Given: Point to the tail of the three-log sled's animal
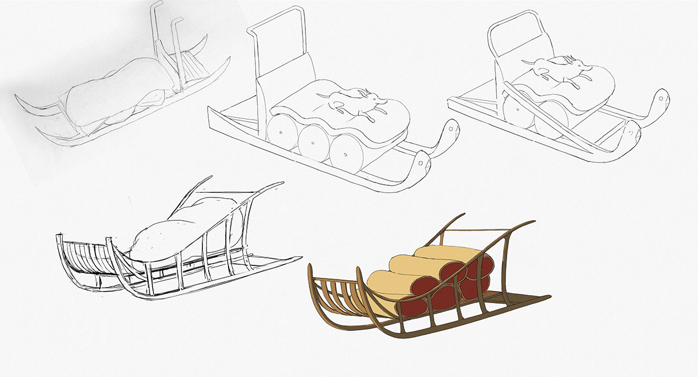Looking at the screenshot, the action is (x=380, y=103).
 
